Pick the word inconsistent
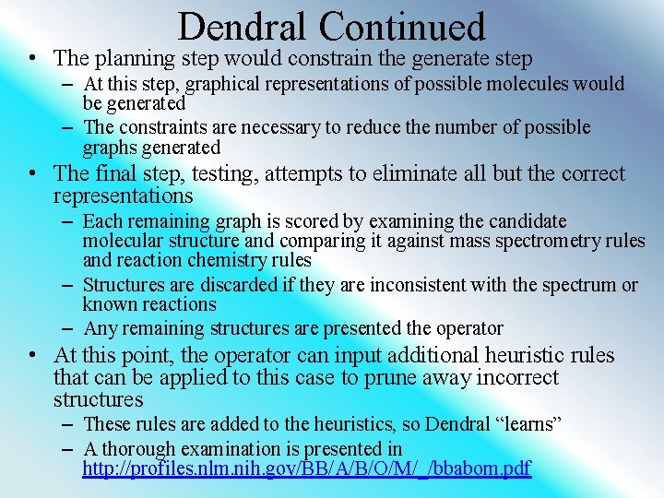415,285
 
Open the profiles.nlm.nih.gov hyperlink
306,468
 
